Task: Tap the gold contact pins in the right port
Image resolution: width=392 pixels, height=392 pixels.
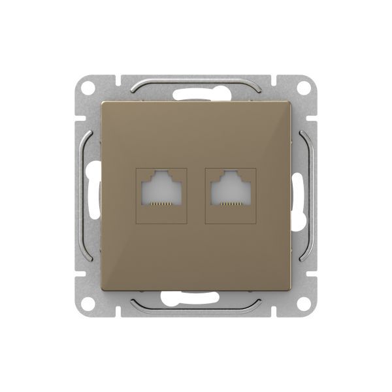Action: point(231,204)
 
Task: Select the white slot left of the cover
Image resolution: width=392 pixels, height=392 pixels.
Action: point(91,196)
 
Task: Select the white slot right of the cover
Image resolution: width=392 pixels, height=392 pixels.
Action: point(301,196)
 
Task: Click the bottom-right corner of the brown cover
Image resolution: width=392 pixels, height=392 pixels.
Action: point(290,290)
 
